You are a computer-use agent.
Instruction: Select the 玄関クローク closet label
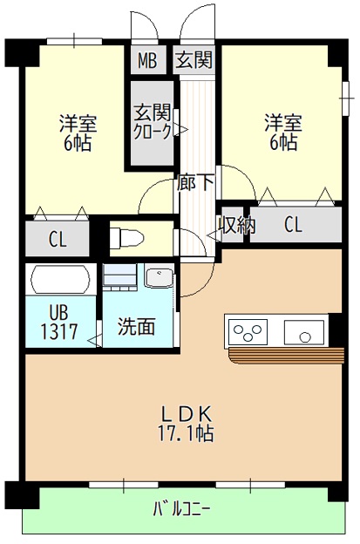pos(151,121)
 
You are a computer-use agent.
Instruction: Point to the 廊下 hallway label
pos(196,184)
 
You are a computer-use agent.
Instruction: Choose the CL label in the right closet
pos(293,225)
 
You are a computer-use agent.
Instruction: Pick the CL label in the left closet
pos(58,238)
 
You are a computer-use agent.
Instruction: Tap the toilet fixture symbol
pos(126,236)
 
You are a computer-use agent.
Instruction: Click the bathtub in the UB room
pos(60,280)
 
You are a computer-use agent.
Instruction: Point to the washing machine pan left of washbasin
pos(119,278)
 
